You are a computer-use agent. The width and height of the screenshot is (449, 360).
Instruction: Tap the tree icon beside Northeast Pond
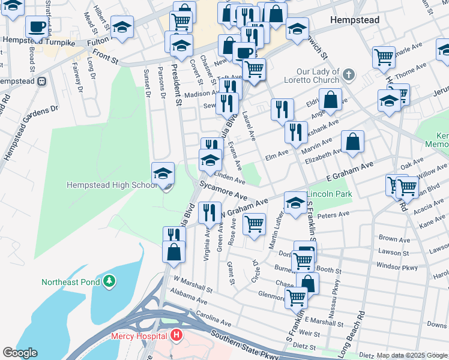(x=109, y=281)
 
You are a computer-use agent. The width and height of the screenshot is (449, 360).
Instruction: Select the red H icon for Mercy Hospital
(x=176, y=335)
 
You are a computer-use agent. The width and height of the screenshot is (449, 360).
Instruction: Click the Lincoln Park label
(x=329, y=194)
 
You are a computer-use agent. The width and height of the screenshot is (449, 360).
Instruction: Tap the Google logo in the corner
(x=19, y=353)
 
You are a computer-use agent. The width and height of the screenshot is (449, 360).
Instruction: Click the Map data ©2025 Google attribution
(x=412, y=355)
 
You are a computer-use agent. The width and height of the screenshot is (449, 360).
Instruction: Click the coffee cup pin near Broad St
(x=38, y=27)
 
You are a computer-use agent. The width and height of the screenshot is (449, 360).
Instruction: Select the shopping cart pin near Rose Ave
(x=254, y=224)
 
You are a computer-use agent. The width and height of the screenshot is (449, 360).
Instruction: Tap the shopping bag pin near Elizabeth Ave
(x=353, y=142)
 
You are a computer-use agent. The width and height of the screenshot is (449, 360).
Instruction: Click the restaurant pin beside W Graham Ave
(x=209, y=213)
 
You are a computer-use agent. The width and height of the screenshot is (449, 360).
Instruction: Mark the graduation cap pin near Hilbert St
(x=122, y=27)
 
